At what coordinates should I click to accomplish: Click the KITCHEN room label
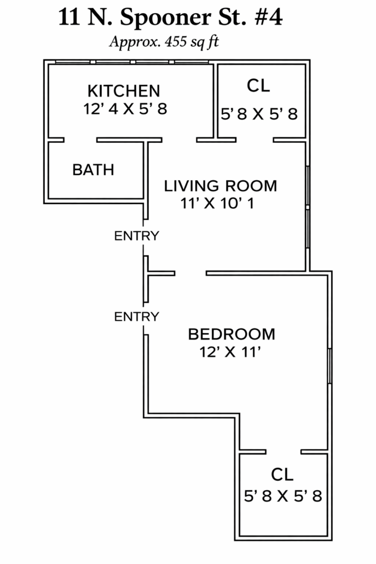(x=124, y=91)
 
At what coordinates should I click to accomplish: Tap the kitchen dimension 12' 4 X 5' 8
(x=125, y=108)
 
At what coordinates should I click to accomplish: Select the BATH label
(x=94, y=170)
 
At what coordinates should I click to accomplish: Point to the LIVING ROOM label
(x=221, y=186)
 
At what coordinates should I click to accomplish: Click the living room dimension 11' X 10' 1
(x=217, y=203)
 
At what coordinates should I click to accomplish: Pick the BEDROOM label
(x=232, y=334)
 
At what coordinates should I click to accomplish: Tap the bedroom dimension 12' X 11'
(x=230, y=352)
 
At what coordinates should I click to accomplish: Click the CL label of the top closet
(x=258, y=85)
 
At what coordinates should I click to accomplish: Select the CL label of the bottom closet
(x=282, y=474)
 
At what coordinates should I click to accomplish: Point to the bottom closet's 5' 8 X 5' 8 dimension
(x=283, y=497)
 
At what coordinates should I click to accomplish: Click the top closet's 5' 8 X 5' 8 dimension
(x=259, y=114)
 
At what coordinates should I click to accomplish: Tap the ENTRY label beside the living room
(x=137, y=236)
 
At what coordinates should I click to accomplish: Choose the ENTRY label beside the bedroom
(x=137, y=316)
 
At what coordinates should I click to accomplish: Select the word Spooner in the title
(x=165, y=18)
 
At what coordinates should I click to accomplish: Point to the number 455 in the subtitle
(x=176, y=42)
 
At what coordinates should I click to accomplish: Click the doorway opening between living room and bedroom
(x=190, y=273)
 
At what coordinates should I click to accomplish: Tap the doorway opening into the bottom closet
(x=284, y=452)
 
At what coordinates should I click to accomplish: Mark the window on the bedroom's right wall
(x=329, y=366)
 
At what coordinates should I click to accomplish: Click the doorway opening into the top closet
(x=254, y=140)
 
